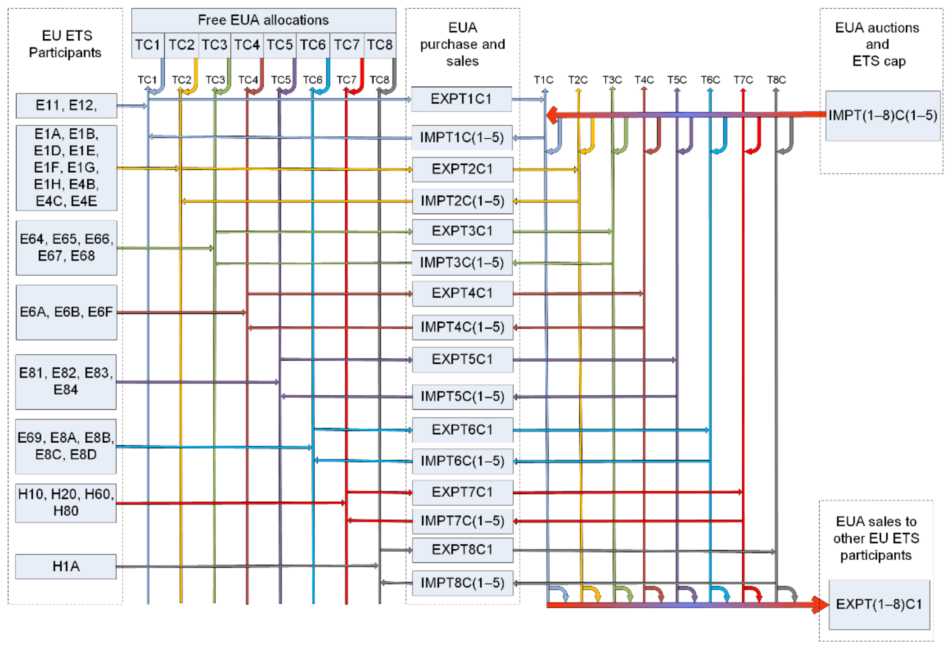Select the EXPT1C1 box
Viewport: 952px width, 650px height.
pos(461,99)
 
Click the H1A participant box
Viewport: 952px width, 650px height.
pos(66,566)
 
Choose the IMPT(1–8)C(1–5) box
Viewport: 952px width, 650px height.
pos(883,115)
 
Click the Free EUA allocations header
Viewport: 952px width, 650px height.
pos(263,20)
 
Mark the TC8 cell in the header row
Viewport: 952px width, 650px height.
pos(379,45)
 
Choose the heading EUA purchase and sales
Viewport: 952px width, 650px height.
pos(463,44)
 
